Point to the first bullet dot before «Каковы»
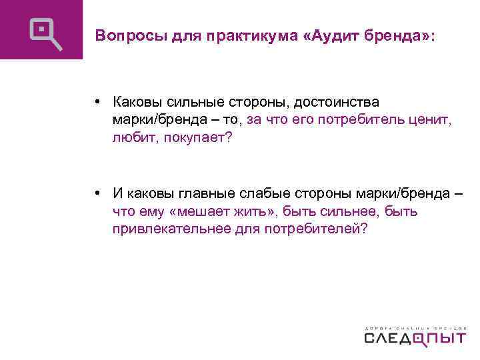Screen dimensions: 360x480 [97, 103]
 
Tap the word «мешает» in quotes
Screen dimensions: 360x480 [202, 212]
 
